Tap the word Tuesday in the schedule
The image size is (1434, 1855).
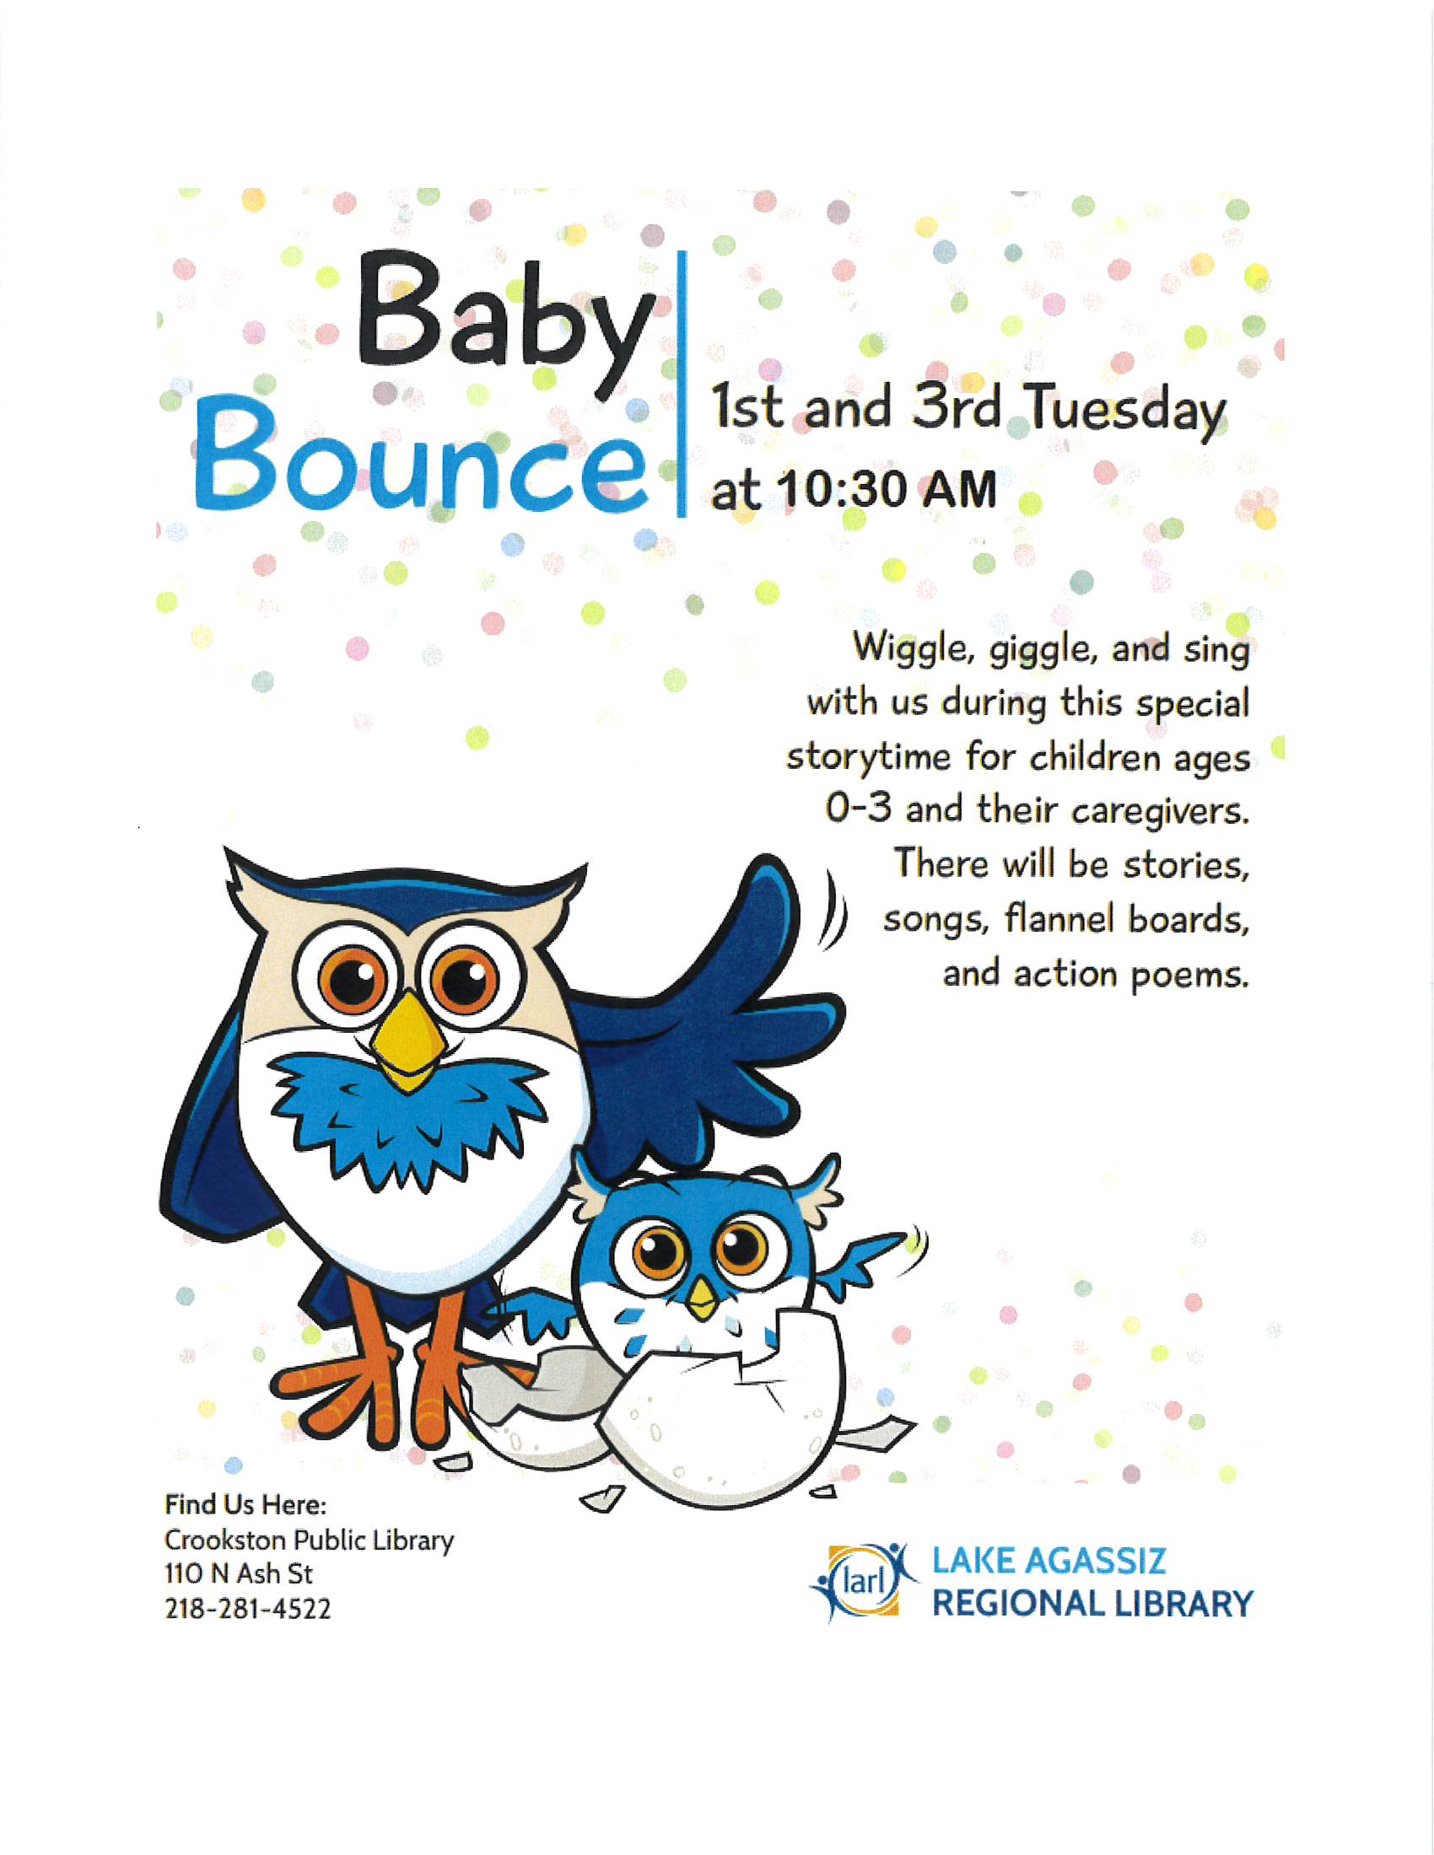[1125, 411]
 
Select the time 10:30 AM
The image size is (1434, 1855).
[887, 491]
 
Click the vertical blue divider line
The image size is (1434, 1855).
[682, 382]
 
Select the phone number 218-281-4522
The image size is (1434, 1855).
[247, 1609]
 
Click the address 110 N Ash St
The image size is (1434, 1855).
[239, 1574]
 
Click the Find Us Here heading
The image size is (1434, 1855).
[245, 1505]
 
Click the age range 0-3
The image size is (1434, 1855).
[858, 809]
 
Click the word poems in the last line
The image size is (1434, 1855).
[1189, 974]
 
